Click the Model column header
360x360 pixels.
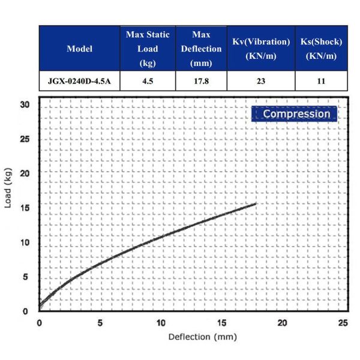(80, 49)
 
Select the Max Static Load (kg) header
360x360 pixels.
(148, 49)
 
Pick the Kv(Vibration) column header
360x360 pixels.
(261, 49)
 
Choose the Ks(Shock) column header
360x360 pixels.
(320, 49)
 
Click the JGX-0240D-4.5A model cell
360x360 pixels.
(80, 81)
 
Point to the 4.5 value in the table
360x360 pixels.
(148, 81)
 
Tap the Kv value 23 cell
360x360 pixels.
(261, 81)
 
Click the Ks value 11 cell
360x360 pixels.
(320, 81)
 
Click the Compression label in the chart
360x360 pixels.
(296, 113)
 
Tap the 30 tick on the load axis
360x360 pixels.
(25, 104)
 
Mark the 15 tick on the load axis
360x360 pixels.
(25, 208)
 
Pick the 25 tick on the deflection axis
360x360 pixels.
(343, 323)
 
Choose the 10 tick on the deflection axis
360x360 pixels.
(161, 323)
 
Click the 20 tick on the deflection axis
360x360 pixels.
(283, 323)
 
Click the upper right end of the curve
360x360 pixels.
(256, 203)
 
